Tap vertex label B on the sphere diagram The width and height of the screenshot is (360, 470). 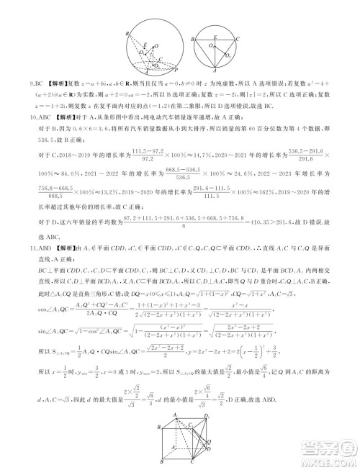pos(126,34)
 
